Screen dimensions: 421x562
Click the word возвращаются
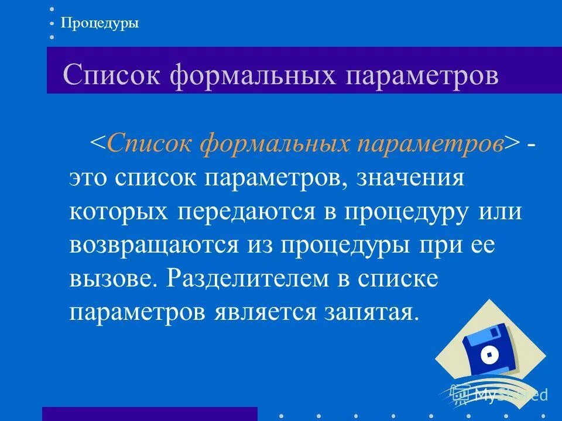click(x=152, y=245)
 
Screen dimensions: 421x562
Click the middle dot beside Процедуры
click(x=52, y=23)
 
